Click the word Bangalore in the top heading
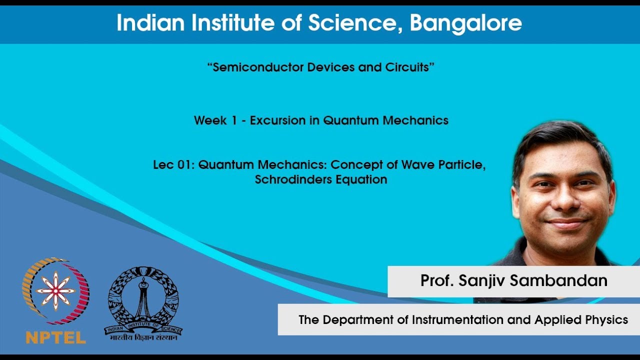[x=465, y=23]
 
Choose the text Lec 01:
[x=173, y=165]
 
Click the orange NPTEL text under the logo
[x=55, y=337]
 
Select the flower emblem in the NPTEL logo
[x=55, y=290]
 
